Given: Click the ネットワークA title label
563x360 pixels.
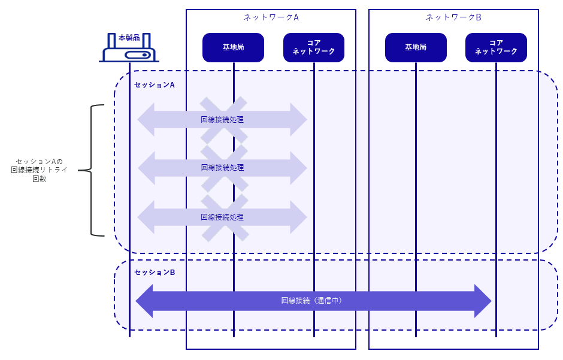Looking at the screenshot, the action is tap(271, 17).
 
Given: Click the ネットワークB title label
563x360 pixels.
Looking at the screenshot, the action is tap(453, 17).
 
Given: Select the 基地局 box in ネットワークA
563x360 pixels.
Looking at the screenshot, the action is tap(234, 47).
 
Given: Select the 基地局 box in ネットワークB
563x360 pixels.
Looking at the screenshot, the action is tap(416, 47).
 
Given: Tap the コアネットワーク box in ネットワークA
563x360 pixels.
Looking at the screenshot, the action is tap(314, 47).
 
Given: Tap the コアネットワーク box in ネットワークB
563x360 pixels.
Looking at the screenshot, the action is tap(496, 47).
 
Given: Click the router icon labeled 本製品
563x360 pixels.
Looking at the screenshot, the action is tap(129, 47).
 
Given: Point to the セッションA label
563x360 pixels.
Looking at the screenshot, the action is tap(155, 85).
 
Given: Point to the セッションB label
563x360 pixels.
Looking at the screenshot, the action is tap(155, 273).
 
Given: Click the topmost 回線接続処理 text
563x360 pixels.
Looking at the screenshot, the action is tap(222, 120).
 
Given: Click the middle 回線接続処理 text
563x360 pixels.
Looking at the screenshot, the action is tap(222, 168).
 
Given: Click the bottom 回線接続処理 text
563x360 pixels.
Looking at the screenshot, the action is tap(222, 217).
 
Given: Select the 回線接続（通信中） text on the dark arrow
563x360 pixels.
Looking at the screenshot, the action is tap(311, 301).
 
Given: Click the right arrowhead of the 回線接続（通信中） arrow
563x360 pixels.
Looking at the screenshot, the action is tap(483, 301).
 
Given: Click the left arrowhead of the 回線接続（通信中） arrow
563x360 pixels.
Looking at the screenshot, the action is tap(144, 301).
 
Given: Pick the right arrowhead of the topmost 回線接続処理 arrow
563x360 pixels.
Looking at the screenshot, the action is tap(298, 120).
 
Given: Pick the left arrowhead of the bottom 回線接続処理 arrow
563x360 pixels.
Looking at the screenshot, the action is tap(146, 217).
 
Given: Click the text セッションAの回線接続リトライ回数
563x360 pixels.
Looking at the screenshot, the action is tap(39, 170).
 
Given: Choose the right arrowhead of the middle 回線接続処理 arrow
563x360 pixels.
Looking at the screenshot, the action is tap(298, 168).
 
